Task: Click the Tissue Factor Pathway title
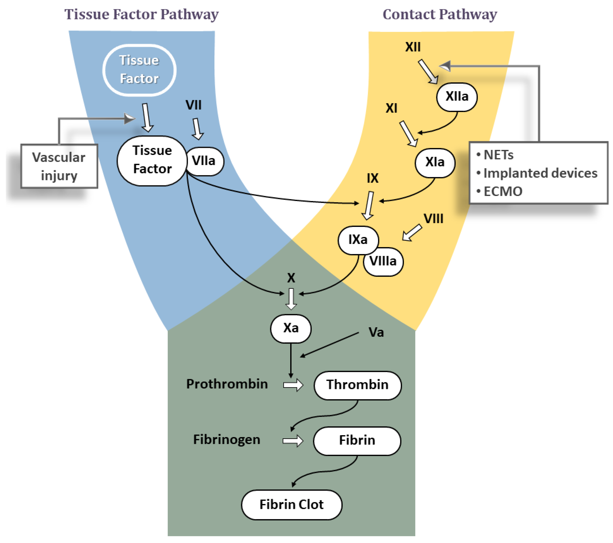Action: pos(141,14)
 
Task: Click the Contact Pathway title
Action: pos(440,14)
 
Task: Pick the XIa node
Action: pos(435,162)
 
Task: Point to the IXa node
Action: pos(358,240)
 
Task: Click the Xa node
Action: pos(291,328)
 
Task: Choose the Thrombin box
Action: pos(358,385)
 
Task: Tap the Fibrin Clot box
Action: pos(291,505)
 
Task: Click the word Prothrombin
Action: pos(227,384)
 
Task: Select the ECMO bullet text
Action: pos(503,192)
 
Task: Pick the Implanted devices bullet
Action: pos(540,173)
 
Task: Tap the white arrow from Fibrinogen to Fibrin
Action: pos(293,441)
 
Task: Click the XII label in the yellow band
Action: pos(413,47)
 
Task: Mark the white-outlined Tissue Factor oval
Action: pos(139,70)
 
